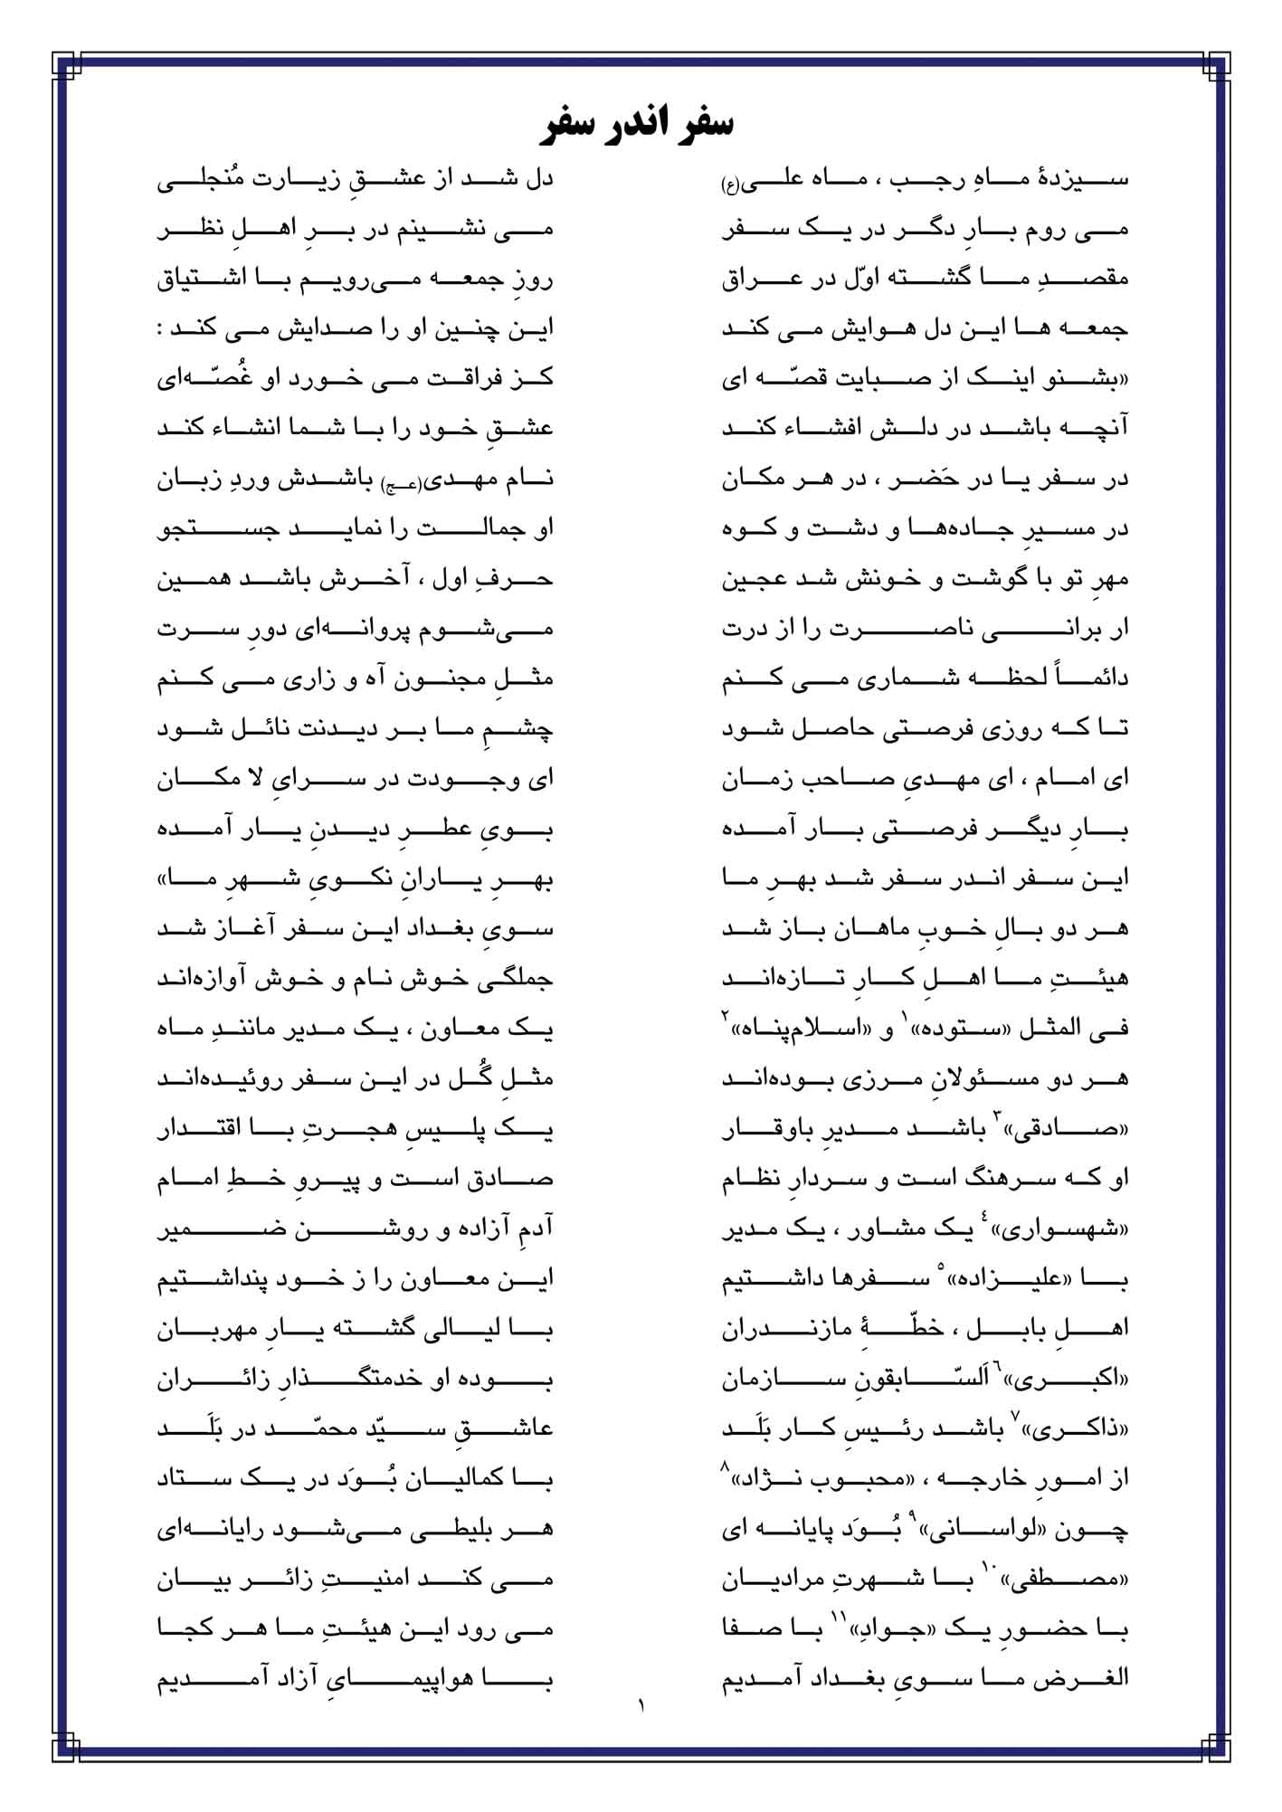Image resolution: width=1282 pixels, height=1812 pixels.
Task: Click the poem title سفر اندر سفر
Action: point(641,125)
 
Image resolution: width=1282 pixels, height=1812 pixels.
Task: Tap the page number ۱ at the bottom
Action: point(641,1708)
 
